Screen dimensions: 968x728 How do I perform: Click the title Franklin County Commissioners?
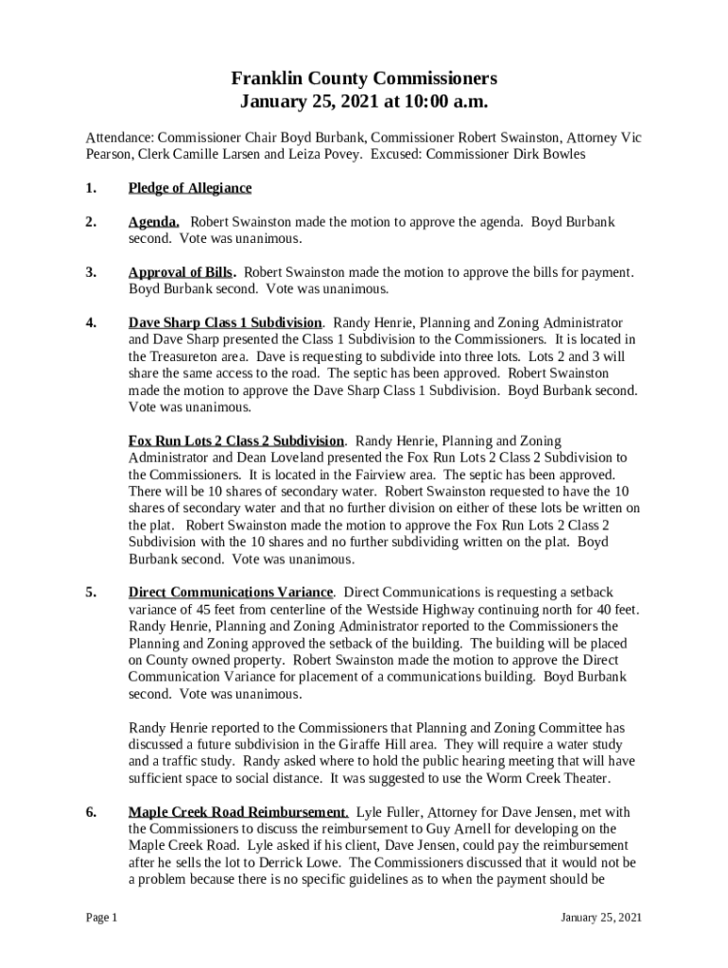pyautogui.click(x=364, y=78)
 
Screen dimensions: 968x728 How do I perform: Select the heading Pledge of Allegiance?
pyautogui.click(x=190, y=188)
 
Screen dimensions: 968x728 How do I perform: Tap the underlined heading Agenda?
pyautogui.click(x=154, y=222)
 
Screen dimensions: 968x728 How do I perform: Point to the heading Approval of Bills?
pyautogui.click(x=182, y=272)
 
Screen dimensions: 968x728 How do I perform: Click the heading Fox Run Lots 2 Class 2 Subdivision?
pyautogui.click(x=236, y=441)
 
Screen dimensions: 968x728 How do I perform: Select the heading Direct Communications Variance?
pyautogui.click(x=231, y=593)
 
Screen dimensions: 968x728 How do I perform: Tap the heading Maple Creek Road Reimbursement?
pyautogui.click(x=238, y=812)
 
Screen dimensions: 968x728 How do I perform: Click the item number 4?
pyautogui.click(x=92, y=322)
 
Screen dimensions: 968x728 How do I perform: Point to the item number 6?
pyautogui.click(x=92, y=812)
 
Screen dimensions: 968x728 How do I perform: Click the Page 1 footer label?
pyautogui.click(x=101, y=918)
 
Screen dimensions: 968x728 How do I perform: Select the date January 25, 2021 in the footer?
pyautogui.click(x=601, y=918)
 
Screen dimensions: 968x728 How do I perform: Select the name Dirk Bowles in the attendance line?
pyautogui.click(x=548, y=154)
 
